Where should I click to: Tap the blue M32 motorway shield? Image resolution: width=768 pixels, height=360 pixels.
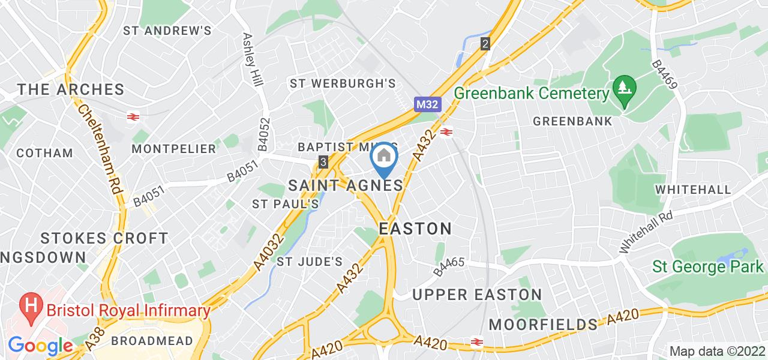click(428, 104)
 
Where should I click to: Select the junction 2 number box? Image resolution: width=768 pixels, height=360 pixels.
click(485, 43)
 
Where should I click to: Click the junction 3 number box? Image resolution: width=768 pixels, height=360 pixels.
click(323, 162)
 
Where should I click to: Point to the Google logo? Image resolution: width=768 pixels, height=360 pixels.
click(40, 346)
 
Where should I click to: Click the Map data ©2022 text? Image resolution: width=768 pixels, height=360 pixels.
click(716, 351)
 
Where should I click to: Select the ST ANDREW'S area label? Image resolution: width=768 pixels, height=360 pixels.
click(167, 30)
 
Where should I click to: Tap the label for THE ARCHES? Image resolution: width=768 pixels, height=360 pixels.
click(71, 90)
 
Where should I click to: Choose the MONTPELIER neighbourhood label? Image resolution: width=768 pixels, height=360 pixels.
click(173, 148)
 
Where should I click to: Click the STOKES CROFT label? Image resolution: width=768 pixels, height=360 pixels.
click(104, 238)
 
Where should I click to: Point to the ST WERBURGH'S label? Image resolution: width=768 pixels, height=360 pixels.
click(343, 83)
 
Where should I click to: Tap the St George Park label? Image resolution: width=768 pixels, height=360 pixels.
click(707, 266)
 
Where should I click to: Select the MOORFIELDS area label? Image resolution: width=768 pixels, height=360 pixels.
click(543, 325)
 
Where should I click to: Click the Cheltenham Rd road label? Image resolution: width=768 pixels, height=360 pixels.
click(99, 151)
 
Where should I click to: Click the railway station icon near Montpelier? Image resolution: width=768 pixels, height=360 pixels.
click(133, 116)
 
